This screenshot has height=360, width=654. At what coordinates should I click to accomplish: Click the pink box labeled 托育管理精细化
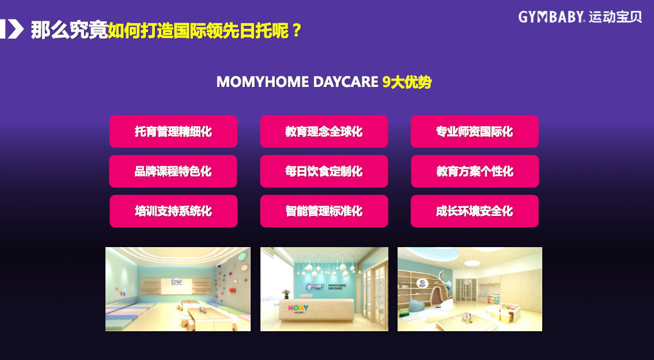tap(173, 131)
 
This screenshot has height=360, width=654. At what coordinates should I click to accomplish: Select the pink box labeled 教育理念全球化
tap(324, 131)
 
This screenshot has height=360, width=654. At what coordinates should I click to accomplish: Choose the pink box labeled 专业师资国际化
tap(475, 131)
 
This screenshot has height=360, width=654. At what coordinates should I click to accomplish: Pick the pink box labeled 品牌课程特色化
tap(173, 171)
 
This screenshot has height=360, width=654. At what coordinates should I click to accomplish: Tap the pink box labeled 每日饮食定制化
tap(324, 171)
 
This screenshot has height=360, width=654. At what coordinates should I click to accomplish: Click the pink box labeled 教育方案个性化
tap(475, 171)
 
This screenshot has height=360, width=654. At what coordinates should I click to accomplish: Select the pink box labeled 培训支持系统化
tap(173, 211)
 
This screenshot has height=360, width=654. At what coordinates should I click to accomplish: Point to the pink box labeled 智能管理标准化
tap(324, 211)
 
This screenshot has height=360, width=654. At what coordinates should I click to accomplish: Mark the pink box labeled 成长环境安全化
tap(475, 211)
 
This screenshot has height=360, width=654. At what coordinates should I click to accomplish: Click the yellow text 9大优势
tap(407, 82)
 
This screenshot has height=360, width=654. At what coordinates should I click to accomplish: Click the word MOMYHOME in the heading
tap(263, 82)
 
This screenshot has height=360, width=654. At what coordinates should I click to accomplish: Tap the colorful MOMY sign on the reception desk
tap(298, 308)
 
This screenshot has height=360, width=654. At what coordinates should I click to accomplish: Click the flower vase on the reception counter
tap(286, 294)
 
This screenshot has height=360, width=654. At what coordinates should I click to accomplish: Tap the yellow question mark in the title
tap(297, 31)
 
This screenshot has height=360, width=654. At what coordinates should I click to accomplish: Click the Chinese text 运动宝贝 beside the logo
tap(615, 17)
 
